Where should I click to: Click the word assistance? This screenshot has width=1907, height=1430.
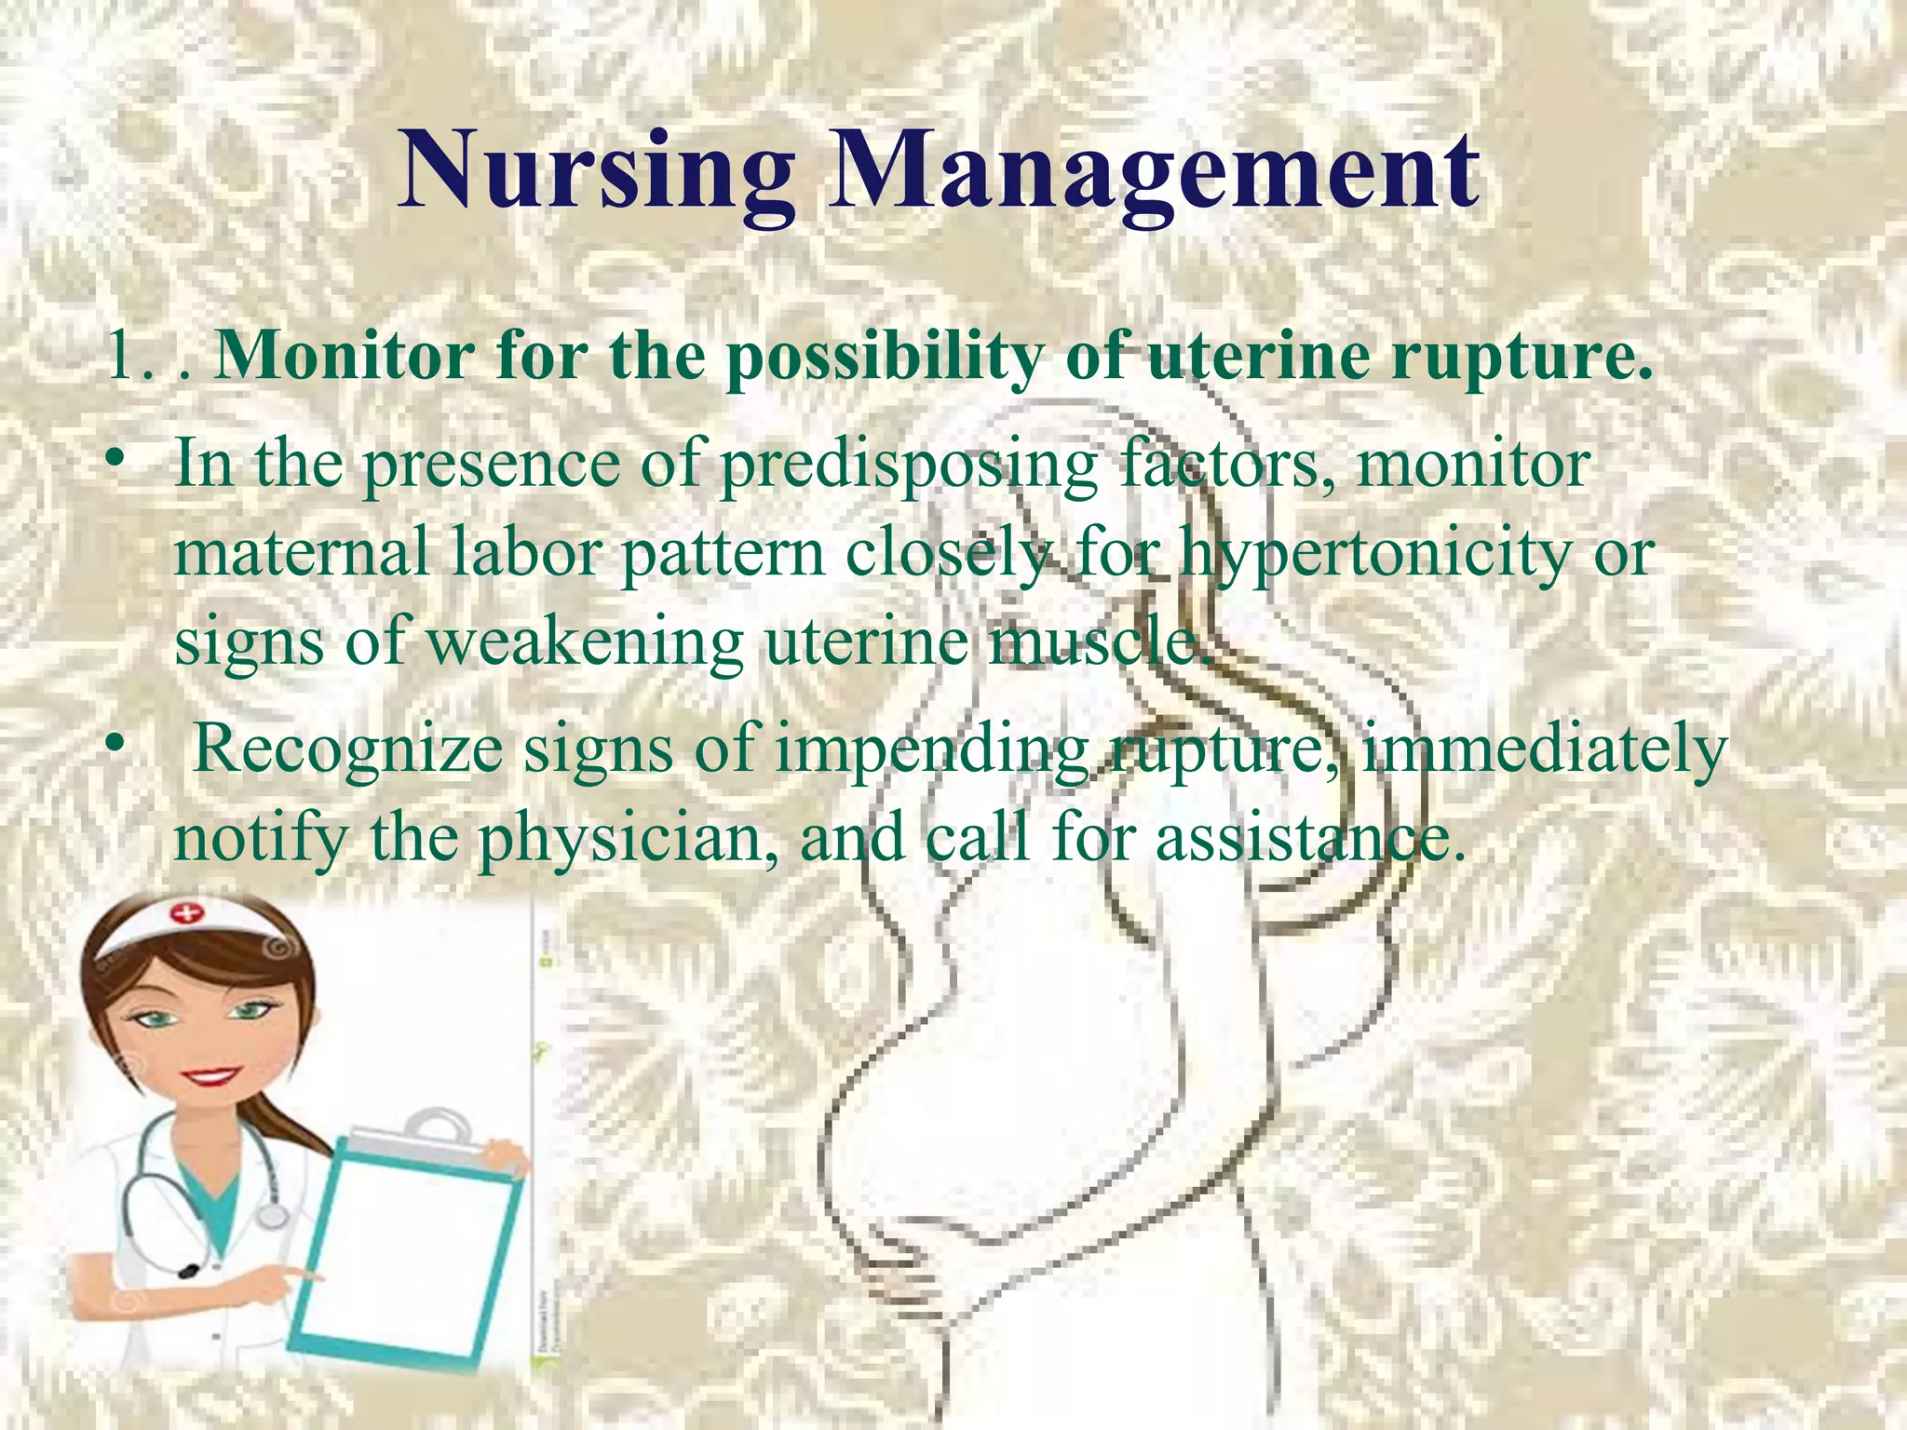click(x=1304, y=838)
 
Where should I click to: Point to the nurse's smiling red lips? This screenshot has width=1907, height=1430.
click(x=210, y=1078)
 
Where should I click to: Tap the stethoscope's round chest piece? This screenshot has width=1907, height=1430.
click(x=272, y=1215)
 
